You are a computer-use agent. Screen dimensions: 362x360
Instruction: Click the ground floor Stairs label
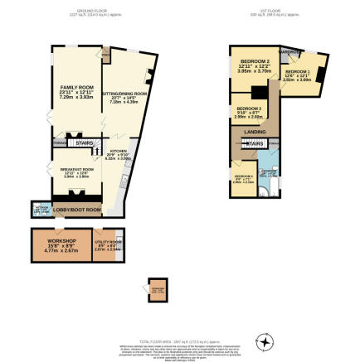(x=85, y=142)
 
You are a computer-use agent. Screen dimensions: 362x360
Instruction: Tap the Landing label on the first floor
(x=255, y=131)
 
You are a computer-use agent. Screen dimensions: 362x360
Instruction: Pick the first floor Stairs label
(x=256, y=143)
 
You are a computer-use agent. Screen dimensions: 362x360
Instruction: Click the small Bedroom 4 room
(x=243, y=179)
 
